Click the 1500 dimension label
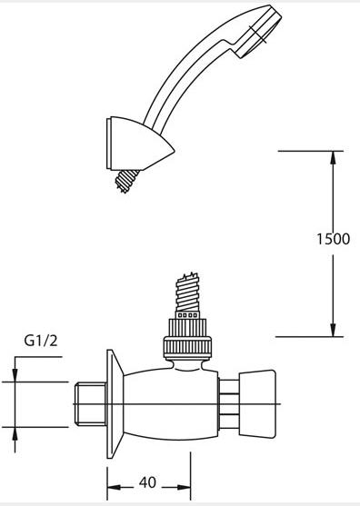[x=333, y=239]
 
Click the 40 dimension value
[x=147, y=482]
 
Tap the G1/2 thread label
[x=41, y=341]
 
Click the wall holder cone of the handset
[x=139, y=144]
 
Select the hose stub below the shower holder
[x=127, y=181]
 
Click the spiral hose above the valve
[x=187, y=292]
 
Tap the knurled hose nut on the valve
[x=187, y=339]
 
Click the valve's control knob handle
[x=257, y=403]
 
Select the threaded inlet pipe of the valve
[x=90, y=403]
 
